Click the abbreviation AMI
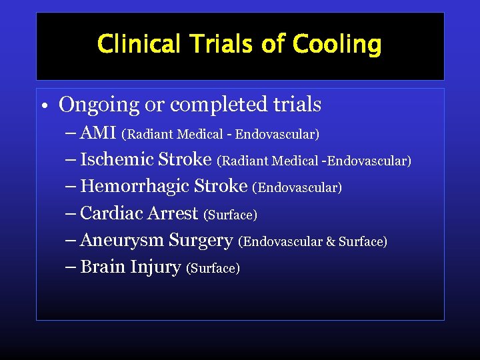coord(98,133)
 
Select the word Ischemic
coord(117,159)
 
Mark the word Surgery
coord(201,240)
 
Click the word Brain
coord(103,267)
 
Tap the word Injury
coord(155,267)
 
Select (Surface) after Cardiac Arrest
coord(231,215)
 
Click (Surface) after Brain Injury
coord(213,269)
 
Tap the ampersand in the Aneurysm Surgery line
coord(331,241)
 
